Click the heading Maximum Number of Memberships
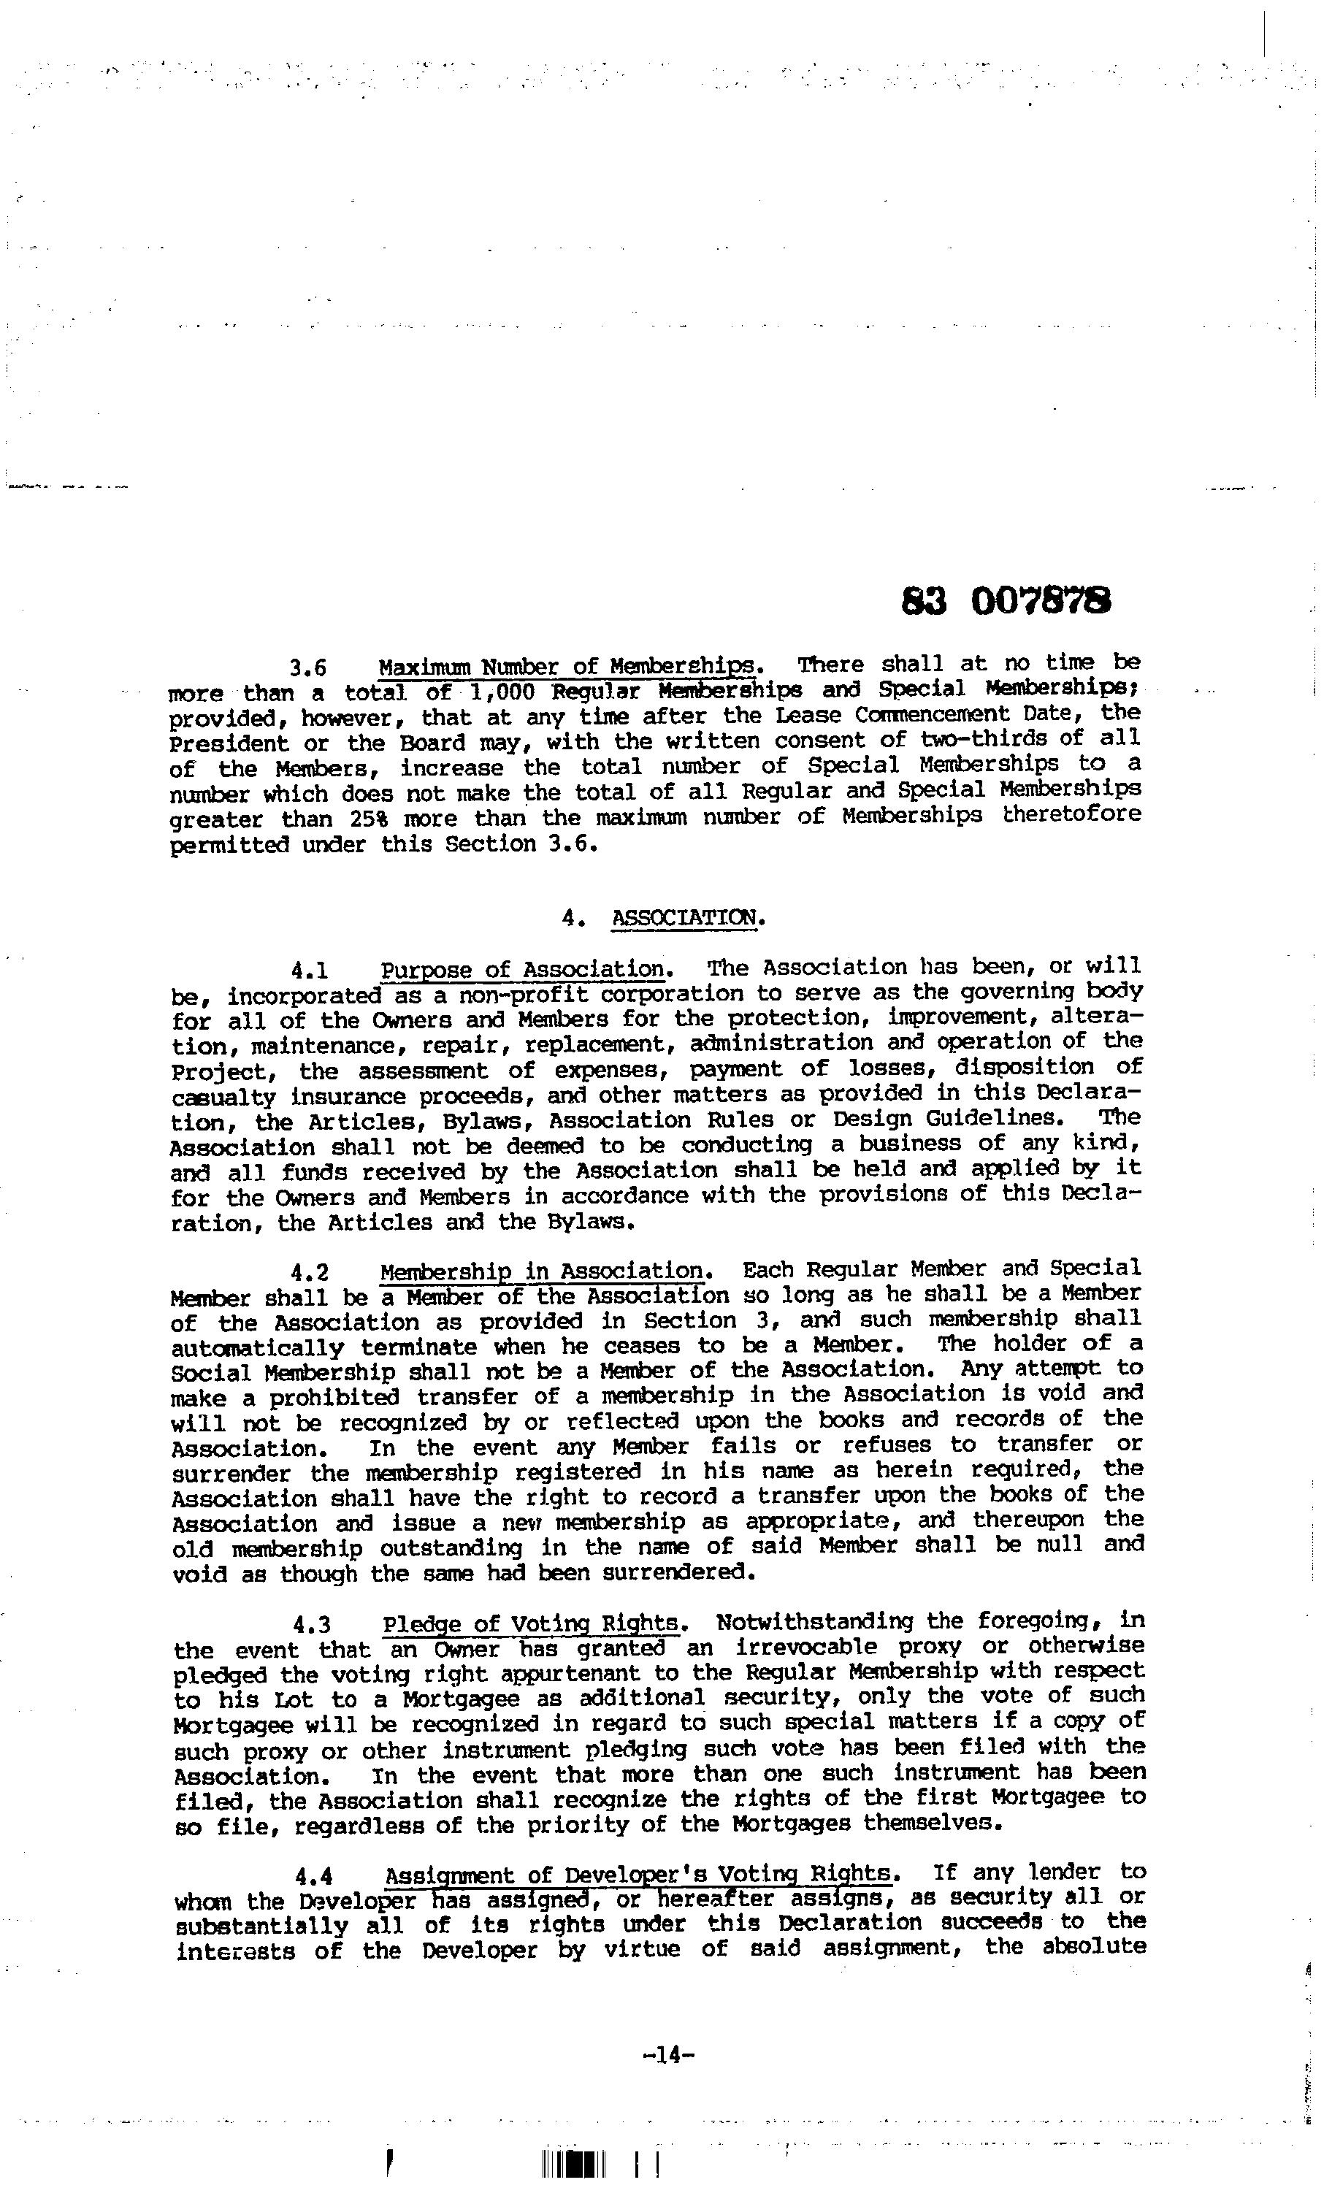point(567,666)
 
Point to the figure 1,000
point(502,691)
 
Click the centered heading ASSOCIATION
point(686,918)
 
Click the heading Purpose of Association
point(522,969)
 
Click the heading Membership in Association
point(542,1272)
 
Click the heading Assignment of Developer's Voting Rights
point(640,1875)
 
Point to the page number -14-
point(667,2073)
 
